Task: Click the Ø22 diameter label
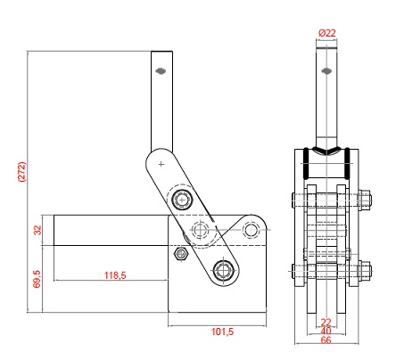coord(326,33)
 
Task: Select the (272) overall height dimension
coord(22,171)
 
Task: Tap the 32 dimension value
coord(37,230)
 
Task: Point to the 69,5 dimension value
coord(37,279)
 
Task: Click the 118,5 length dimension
coord(115,275)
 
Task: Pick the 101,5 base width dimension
coord(222,331)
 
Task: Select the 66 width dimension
coord(326,340)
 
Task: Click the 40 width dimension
coord(326,331)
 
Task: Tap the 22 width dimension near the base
coord(326,322)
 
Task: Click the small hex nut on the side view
coord(180,254)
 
